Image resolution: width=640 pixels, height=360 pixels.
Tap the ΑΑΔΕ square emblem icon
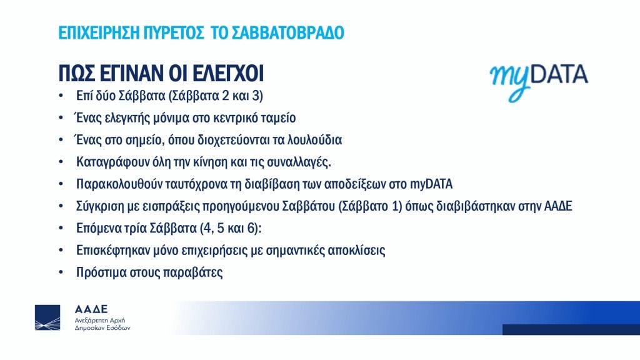point(47,317)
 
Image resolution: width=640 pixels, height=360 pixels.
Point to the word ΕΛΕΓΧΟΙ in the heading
point(227,74)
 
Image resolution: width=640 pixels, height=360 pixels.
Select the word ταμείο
point(277,118)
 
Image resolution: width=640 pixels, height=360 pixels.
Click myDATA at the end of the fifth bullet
point(431,184)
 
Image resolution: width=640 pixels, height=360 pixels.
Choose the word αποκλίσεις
point(356,250)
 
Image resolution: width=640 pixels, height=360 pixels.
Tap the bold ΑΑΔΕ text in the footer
point(91,309)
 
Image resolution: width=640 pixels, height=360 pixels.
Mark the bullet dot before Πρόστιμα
point(61,272)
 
